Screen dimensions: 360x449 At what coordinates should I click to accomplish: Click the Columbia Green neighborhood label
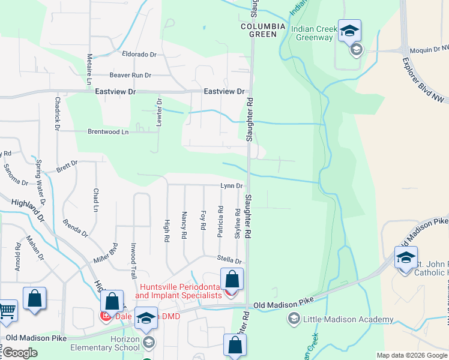259,31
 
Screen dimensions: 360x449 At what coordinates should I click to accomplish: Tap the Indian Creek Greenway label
312,33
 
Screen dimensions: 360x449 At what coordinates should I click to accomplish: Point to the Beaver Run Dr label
130,76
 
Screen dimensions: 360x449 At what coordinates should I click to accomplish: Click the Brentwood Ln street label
108,132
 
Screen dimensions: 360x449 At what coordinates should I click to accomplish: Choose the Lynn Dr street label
231,187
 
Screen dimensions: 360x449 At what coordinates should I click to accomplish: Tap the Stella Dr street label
229,261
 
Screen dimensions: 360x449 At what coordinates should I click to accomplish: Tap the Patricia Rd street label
221,221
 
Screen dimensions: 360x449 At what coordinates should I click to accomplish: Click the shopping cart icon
7,311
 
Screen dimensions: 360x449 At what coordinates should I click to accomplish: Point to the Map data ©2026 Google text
411,355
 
